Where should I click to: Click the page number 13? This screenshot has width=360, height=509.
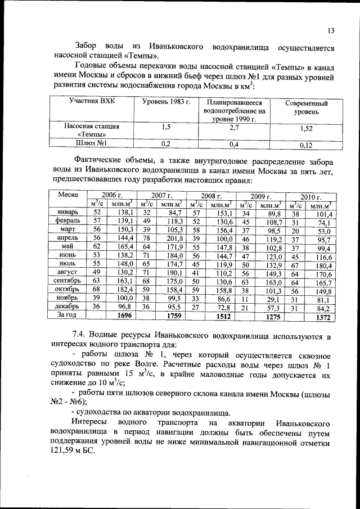[330, 30]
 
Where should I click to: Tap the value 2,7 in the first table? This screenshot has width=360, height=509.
[234, 129]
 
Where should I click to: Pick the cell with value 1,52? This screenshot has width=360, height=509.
[306, 129]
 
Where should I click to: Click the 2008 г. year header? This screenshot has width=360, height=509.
[211, 196]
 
